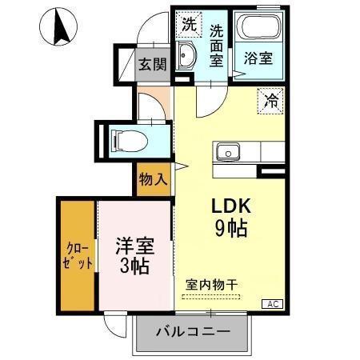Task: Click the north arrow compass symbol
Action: pyautogui.click(x=58, y=26)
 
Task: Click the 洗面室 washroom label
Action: pyautogui.click(x=217, y=46)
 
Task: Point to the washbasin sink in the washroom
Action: pyautogui.click(x=186, y=58)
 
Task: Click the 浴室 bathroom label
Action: pyautogui.click(x=257, y=59)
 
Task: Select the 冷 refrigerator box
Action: pyautogui.click(x=271, y=101)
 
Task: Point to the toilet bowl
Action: pyautogui.click(x=128, y=141)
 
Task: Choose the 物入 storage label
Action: pyautogui.click(x=153, y=179)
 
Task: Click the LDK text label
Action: pyautogui.click(x=229, y=206)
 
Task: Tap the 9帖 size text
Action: pyautogui.click(x=230, y=229)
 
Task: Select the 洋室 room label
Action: pyautogui.click(x=132, y=243)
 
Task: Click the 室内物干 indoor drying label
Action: pyautogui.click(x=210, y=284)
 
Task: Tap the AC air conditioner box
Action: pyautogui.click(x=274, y=304)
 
